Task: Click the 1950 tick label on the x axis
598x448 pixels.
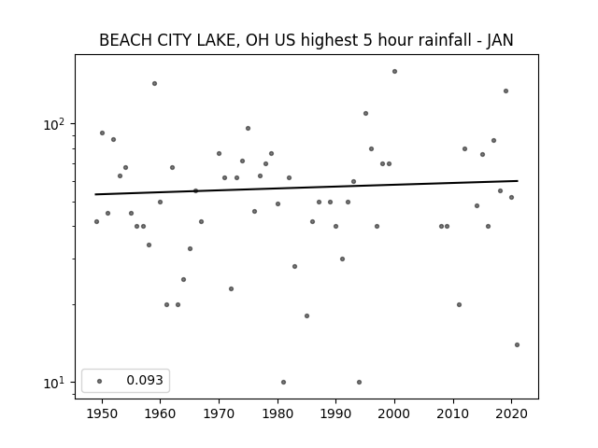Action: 102,413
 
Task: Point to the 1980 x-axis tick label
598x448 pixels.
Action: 278,413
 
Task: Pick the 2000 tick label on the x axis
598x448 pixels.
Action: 394,413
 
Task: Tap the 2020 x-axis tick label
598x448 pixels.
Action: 511,413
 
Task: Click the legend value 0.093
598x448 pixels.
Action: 145,380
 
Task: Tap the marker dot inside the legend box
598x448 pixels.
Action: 100,381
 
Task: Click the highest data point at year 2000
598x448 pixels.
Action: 394,71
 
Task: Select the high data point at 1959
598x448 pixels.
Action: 154,83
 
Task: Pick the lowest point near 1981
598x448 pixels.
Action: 283,382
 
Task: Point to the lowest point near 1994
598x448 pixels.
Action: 359,382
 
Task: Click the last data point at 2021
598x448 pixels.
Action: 517,344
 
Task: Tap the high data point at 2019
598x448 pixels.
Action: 506,91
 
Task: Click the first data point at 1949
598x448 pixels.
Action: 96,222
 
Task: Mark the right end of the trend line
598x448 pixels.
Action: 518,180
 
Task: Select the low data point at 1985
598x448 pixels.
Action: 307,315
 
